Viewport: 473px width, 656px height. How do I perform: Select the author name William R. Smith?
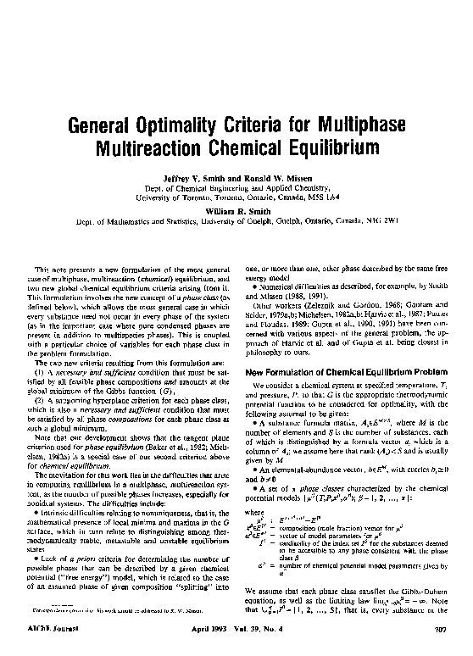pyautogui.click(x=236, y=209)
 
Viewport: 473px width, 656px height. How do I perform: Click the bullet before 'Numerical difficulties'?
pyautogui.click(x=248, y=286)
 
